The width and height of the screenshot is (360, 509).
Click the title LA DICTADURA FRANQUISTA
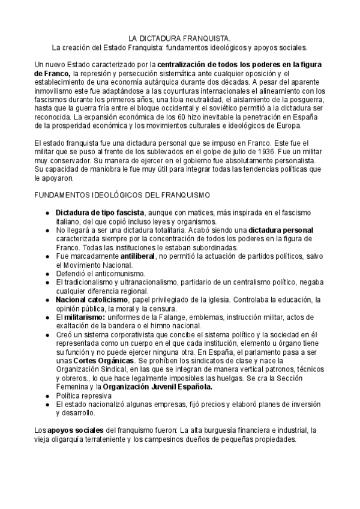tap(180, 37)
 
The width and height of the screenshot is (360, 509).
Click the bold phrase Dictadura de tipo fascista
tap(100, 212)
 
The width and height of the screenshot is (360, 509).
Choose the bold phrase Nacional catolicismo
tap(92, 300)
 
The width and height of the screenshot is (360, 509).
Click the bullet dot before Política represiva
tap(48, 396)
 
